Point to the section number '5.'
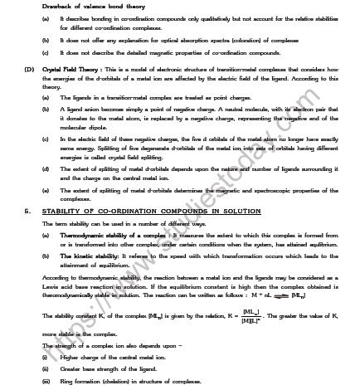click(x=27, y=212)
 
